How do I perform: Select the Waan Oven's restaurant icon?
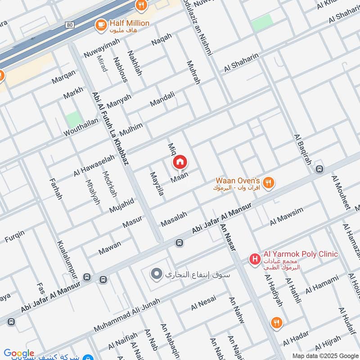click(x=269, y=182)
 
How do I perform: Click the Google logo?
click(x=19, y=354)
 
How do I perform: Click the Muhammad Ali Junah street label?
click(x=127, y=318)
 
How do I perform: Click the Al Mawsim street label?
click(x=287, y=216)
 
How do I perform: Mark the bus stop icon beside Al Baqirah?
click(x=319, y=169)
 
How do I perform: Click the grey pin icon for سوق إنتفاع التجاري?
click(x=156, y=274)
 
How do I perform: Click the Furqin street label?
click(x=14, y=235)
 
